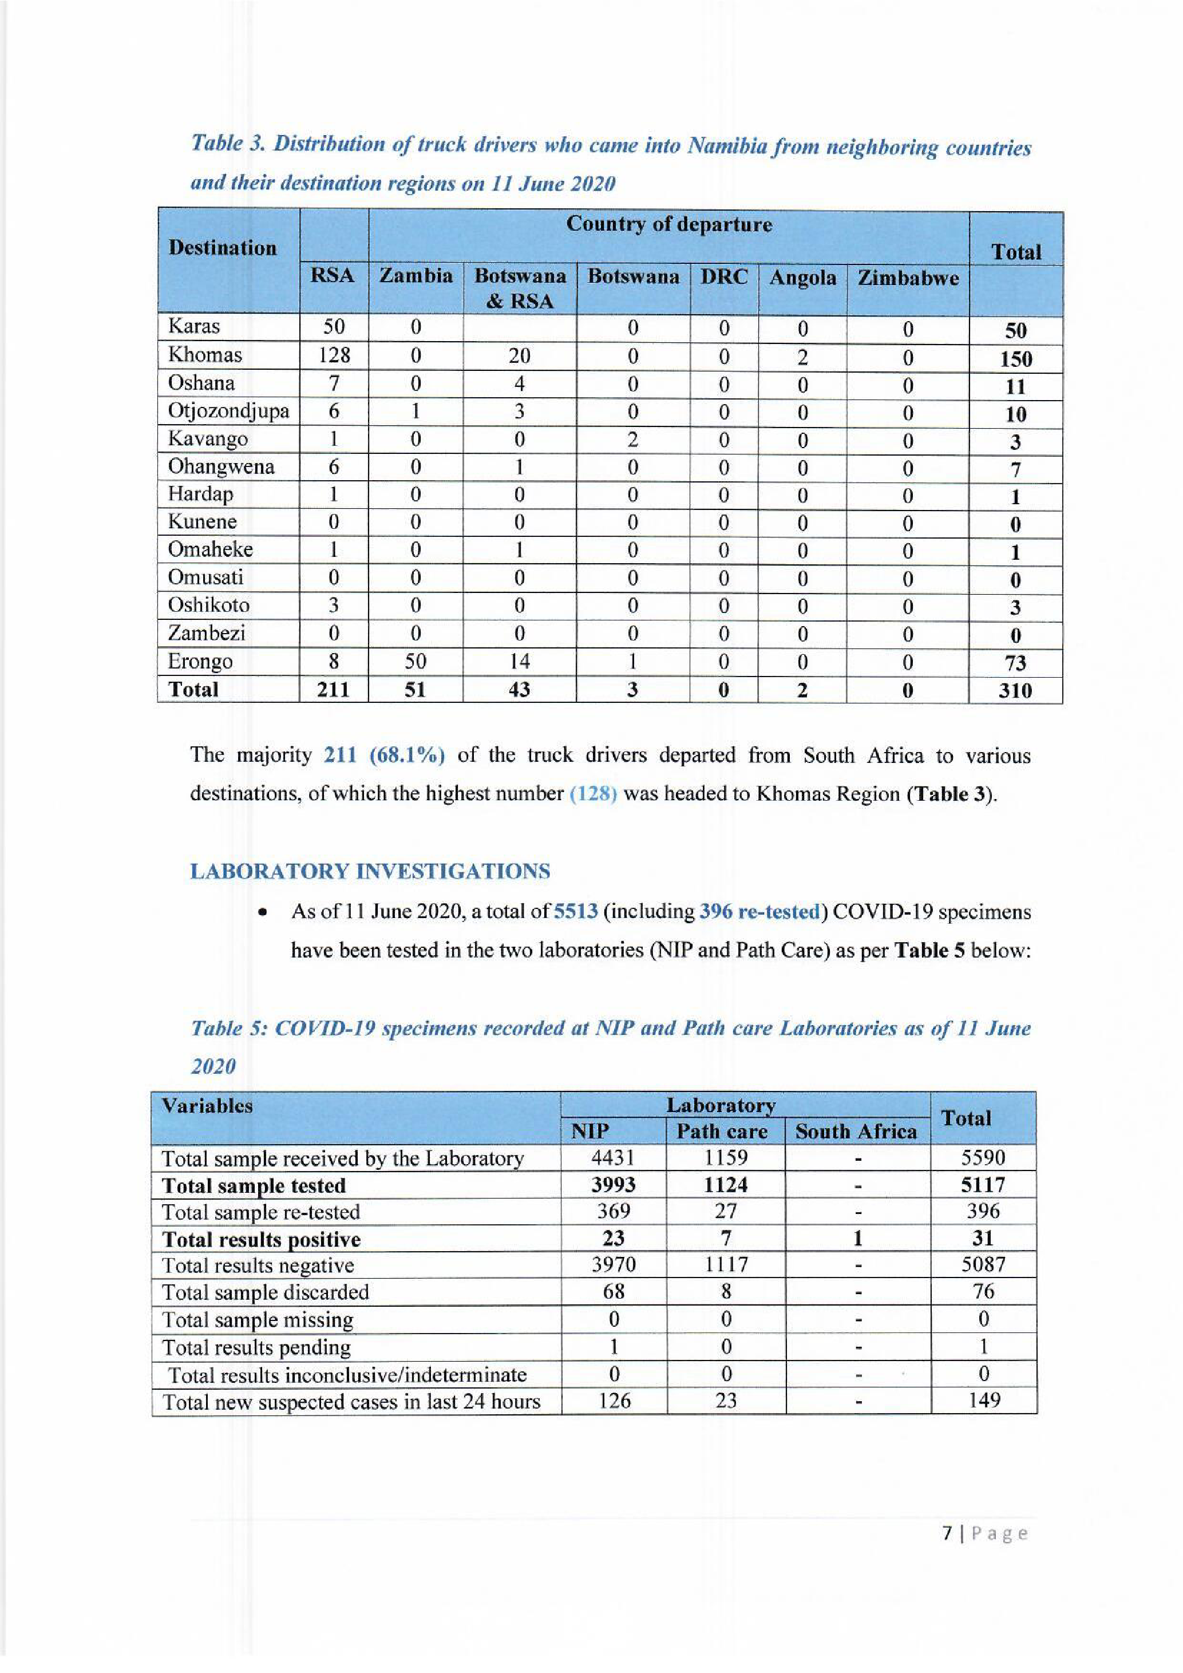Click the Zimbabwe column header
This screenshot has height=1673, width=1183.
pyautogui.click(x=908, y=278)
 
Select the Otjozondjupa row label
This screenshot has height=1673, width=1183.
pyautogui.click(x=228, y=412)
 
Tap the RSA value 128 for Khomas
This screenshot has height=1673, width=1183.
pyautogui.click(x=334, y=355)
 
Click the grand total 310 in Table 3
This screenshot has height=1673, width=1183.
pyautogui.click(x=1015, y=690)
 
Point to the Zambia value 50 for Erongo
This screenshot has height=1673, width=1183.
pyautogui.click(x=414, y=662)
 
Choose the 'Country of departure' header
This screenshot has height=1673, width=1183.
pyautogui.click(x=668, y=224)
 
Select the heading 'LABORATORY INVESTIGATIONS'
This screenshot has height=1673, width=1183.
pyautogui.click(x=370, y=872)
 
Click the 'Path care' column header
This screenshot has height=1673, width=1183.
pyautogui.click(x=722, y=1132)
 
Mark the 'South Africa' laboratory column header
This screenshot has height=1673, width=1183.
pyautogui.click(x=856, y=1132)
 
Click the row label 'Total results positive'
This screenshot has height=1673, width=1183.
pyautogui.click(x=261, y=1240)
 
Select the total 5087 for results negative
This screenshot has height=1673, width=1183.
pyautogui.click(x=983, y=1264)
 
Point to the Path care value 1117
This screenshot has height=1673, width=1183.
pyautogui.click(x=726, y=1264)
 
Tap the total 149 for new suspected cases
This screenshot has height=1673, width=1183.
pyautogui.click(x=983, y=1401)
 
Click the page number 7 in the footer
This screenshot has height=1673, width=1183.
pyautogui.click(x=948, y=1534)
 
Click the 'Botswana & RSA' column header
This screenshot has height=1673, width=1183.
pyautogui.click(x=519, y=288)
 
